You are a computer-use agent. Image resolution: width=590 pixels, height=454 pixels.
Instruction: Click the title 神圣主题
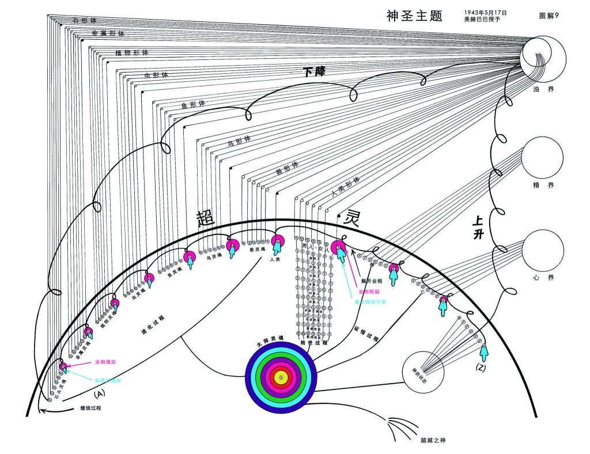tap(414, 16)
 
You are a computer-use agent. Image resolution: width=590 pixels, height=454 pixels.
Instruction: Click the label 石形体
tap(84, 20)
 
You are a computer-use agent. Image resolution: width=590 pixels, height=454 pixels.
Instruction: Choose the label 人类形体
tap(345, 187)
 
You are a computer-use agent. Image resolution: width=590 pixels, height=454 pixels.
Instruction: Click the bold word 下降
tap(315, 72)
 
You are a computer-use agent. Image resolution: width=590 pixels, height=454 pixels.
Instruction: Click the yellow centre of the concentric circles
tap(281, 377)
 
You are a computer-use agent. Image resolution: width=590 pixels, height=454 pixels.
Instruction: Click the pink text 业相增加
tap(105, 362)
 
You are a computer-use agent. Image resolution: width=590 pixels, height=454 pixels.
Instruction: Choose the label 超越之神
tap(433, 440)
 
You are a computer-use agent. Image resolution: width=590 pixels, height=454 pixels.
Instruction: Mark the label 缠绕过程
tap(90, 408)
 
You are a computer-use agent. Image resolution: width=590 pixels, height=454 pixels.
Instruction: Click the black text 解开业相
tap(372, 281)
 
